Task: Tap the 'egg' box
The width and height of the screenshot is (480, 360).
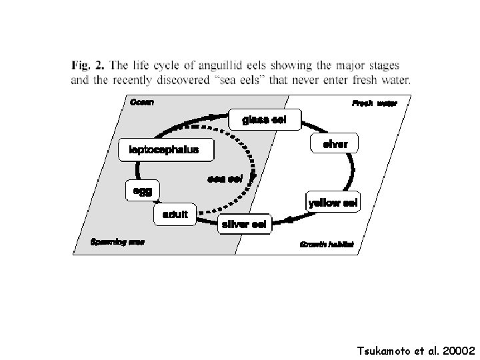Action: click(x=142, y=191)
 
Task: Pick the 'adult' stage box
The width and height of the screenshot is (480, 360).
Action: click(x=175, y=215)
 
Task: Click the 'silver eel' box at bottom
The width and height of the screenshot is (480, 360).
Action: click(x=244, y=225)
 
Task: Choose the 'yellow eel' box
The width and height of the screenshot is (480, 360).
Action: click(x=333, y=202)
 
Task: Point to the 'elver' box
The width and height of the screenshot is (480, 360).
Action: click(x=335, y=144)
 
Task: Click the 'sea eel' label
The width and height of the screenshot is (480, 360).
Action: click(x=225, y=179)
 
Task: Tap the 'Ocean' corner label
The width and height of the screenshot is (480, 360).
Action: click(x=141, y=102)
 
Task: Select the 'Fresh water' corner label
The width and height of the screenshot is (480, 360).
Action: click(x=374, y=103)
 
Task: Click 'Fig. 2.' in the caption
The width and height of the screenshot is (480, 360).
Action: click(x=86, y=65)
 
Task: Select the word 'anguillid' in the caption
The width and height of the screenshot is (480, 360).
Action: click(x=231, y=65)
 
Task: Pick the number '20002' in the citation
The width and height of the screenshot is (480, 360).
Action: click(x=457, y=349)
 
